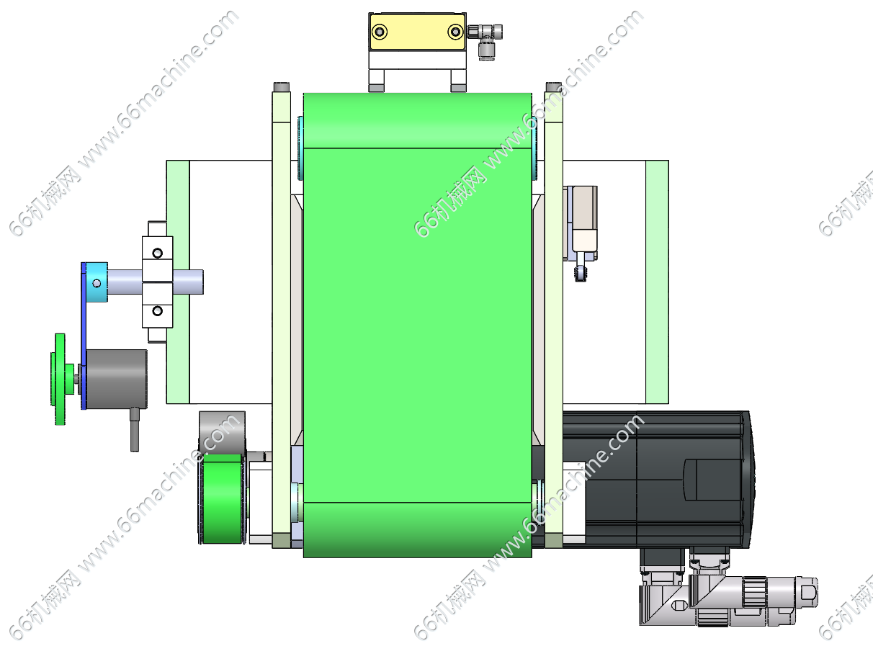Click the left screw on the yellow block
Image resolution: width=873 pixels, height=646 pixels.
(380, 32)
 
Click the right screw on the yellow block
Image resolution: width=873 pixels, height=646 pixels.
(455, 32)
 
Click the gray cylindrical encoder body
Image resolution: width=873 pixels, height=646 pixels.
(117, 379)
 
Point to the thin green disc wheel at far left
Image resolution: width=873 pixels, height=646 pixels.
(60, 379)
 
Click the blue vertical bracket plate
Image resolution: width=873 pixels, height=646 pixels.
(84, 336)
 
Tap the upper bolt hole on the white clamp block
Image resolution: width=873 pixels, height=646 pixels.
(158, 253)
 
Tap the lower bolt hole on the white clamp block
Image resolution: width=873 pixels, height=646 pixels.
(158, 311)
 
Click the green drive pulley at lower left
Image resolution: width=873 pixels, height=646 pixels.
(223, 499)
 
